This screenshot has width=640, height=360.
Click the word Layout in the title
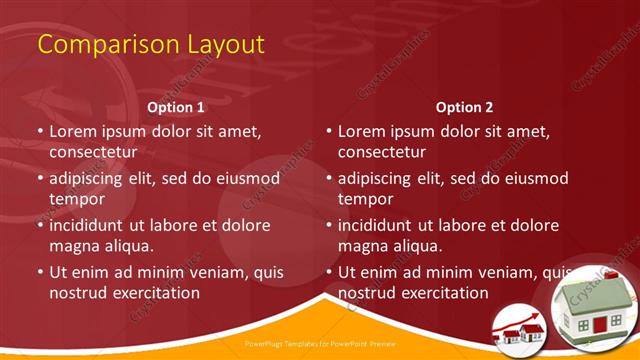point(224,45)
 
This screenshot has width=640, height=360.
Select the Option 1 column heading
point(176,106)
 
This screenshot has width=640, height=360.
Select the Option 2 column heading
point(464,106)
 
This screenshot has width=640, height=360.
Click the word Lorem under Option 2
point(362,131)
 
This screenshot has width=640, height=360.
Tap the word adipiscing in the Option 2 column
point(382,178)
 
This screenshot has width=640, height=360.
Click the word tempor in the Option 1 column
point(77,199)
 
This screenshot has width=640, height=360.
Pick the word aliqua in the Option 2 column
point(420,246)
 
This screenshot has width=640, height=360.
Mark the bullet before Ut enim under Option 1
point(40,272)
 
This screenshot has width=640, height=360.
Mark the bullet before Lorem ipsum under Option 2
point(329,131)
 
